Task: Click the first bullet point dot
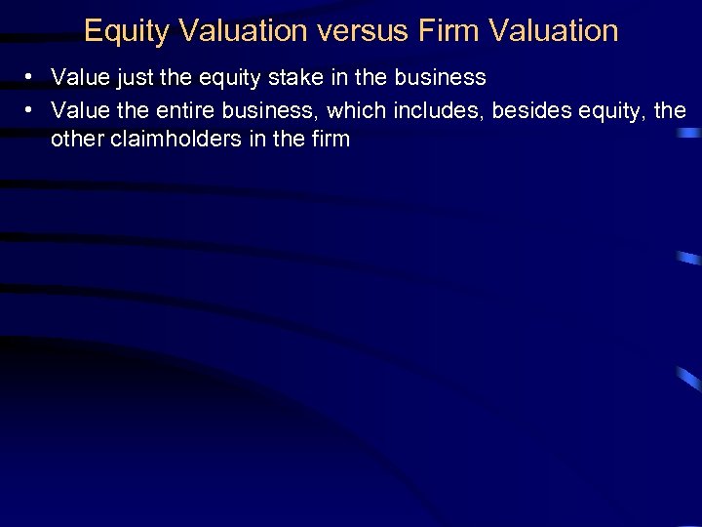tap(31, 77)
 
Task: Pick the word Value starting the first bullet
tap(78, 77)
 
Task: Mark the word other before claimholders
tap(79, 139)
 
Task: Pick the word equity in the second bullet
tap(613, 109)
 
